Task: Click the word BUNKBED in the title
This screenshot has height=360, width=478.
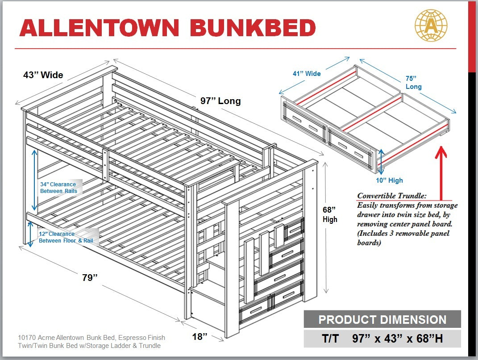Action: click(x=253, y=28)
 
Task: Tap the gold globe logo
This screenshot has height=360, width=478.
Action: click(x=431, y=25)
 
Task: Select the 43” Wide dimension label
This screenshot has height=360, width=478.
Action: click(x=43, y=75)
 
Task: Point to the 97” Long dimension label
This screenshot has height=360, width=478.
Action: click(x=220, y=101)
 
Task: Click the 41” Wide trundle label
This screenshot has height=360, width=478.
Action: click(x=307, y=73)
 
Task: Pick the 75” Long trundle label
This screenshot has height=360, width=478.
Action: click(x=413, y=82)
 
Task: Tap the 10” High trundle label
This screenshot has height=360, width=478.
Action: click(x=389, y=180)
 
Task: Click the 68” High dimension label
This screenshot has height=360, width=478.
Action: click(x=330, y=214)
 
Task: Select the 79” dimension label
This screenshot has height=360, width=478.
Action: click(x=90, y=277)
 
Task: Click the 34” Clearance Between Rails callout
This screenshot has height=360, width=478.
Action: click(x=58, y=188)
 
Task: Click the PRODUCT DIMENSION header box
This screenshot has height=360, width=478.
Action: click(x=382, y=320)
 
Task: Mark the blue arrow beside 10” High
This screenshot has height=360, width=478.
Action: click(x=381, y=161)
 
